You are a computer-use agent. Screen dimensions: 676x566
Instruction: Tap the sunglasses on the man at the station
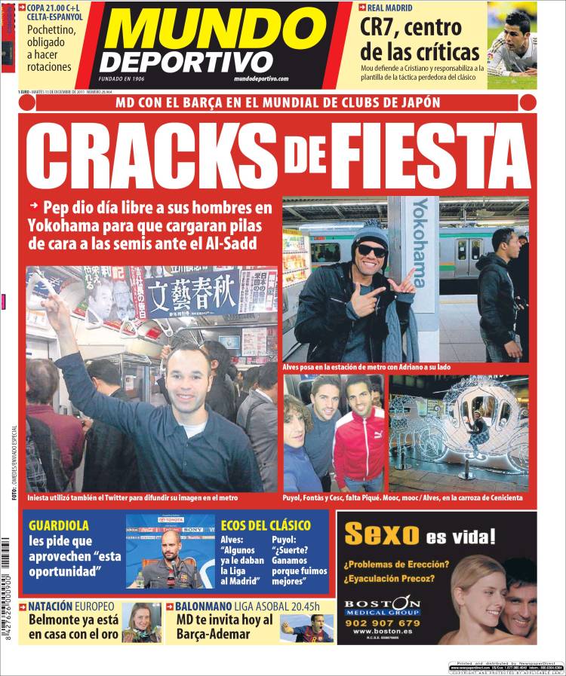(x=371, y=249)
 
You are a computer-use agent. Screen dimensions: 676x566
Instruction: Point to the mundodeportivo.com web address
(x=261, y=78)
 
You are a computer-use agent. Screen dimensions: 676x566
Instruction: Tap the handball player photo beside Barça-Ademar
(x=306, y=627)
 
